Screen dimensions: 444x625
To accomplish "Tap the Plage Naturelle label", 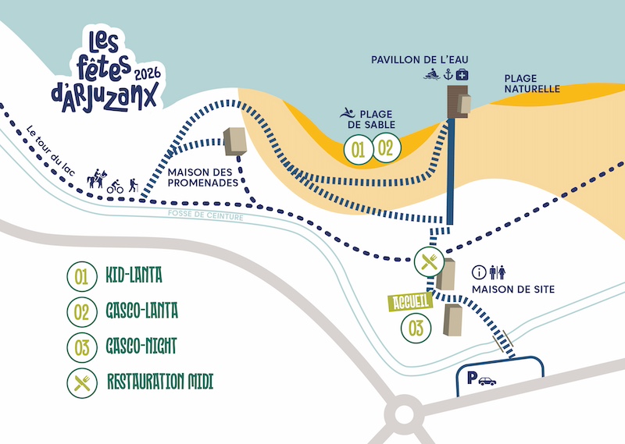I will tap(532, 83).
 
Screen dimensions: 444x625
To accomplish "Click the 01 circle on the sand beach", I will tap(358, 148).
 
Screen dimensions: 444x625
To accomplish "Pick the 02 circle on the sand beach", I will tap(385, 148).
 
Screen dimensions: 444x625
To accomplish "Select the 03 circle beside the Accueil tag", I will tap(416, 328).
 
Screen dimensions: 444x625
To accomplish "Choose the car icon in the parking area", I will tap(487, 382).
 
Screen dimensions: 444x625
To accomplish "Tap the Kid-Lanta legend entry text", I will tap(134, 275).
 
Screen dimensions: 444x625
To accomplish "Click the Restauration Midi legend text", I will tap(160, 382).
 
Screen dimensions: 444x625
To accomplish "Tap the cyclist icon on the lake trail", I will tap(115, 186).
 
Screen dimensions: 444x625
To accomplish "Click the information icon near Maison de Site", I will tap(480, 272).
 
